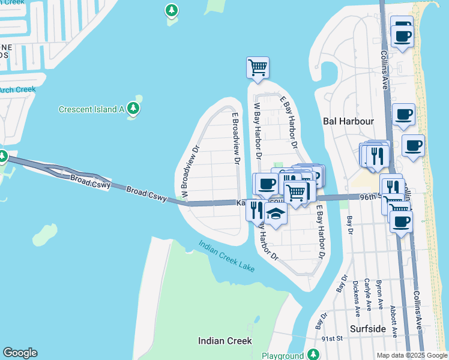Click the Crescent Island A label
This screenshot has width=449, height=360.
(91, 109)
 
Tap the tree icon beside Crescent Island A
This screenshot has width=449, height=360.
(133, 109)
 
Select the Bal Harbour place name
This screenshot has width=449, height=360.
(348, 121)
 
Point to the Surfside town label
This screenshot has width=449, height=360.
(368, 329)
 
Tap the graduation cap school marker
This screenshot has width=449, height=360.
(276, 214)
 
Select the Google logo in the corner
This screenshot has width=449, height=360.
(20, 353)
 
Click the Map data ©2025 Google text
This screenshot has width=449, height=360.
(411, 355)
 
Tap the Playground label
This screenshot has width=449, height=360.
(282, 355)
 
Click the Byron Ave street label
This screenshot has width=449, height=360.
(379, 294)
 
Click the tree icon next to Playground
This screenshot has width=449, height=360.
(313, 355)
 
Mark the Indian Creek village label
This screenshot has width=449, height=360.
(225, 341)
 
